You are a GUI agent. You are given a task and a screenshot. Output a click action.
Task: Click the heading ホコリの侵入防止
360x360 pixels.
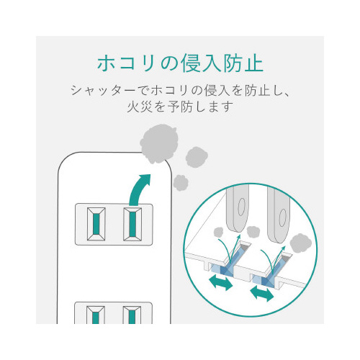[x=180, y=63]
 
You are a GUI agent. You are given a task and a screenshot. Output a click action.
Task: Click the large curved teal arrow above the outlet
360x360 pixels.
[x=139, y=189]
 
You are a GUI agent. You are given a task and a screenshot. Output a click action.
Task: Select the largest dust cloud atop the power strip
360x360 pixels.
[x=159, y=143]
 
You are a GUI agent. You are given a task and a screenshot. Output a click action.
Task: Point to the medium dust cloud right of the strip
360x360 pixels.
[x=197, y=157]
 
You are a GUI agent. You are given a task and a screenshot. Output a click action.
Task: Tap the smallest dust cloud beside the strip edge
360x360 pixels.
[x=181, y=183]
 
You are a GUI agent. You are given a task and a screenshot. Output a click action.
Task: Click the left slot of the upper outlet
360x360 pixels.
[x=96, y=224]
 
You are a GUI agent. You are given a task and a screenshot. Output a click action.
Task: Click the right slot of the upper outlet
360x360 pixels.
[x=132, y=224]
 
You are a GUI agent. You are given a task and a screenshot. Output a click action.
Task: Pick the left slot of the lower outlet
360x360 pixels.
[x=96, y=315]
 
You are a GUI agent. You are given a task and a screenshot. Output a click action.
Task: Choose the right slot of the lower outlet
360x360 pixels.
[x=132, y=315]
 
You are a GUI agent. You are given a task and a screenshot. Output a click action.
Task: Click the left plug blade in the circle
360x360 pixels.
[x=237, y=210]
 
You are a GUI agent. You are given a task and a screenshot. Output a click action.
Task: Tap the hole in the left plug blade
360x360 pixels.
[x=241, y=207]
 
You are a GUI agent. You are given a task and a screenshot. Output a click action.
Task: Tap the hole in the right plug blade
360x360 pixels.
[x=282, y=218]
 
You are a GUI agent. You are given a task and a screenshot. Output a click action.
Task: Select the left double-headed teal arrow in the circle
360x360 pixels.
[x=221, y=283]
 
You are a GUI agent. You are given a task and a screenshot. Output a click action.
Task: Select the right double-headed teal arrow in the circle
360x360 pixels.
[x=262, y=293]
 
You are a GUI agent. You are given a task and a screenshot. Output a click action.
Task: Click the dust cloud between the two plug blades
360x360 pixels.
[x=253, y=231]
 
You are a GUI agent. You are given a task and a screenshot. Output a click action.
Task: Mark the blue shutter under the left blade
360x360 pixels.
[x=228, y=261]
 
